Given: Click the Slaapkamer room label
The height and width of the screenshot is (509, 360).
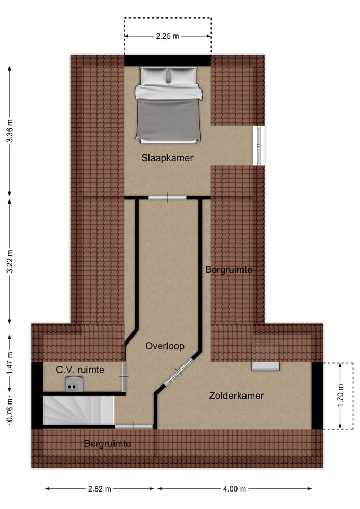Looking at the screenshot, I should (167, 158).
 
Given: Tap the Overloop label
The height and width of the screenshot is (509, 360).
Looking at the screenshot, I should (165, 346).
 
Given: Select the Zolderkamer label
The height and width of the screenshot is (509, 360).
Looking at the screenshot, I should (236, 396).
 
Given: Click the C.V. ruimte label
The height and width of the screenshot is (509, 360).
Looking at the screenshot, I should (81, 370).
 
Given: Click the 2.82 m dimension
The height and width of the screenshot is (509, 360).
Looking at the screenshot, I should (100, 489).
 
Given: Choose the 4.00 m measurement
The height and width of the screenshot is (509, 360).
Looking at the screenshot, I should (234, 489).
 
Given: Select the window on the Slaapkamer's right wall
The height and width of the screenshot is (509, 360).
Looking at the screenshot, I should (258, 145).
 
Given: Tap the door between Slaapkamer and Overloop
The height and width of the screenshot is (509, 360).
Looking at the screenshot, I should (167, 198).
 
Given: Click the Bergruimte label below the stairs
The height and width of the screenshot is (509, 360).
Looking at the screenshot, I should (108, 443).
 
